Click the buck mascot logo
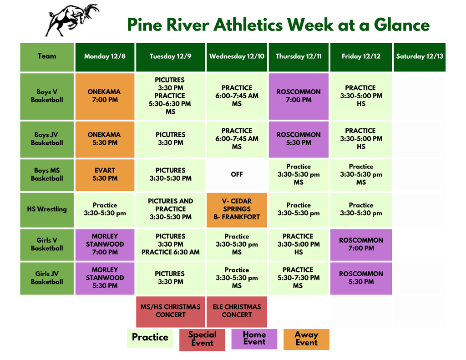click(72, 20)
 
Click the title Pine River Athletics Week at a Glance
click(278, 25)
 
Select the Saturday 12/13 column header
click(419, 57)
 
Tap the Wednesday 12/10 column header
click(237, 57)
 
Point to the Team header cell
click(47, 57)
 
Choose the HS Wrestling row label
click(47, 209)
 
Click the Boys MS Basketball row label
click(47, 175)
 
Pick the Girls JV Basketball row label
click(47, 278)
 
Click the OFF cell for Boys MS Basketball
click(237, 175)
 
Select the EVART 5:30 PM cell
click(105, 175)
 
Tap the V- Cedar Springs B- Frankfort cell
click(237, 209)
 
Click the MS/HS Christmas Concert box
click(171, 311)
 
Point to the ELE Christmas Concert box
click(237, 311)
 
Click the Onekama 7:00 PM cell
click(105, 96)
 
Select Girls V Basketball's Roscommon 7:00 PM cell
click(361, 244)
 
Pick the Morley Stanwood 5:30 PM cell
click(105, 278)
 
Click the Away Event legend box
click(306, 339)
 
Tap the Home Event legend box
click(254, 339)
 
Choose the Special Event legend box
click(202, 340)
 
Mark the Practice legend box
click(150, 338)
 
